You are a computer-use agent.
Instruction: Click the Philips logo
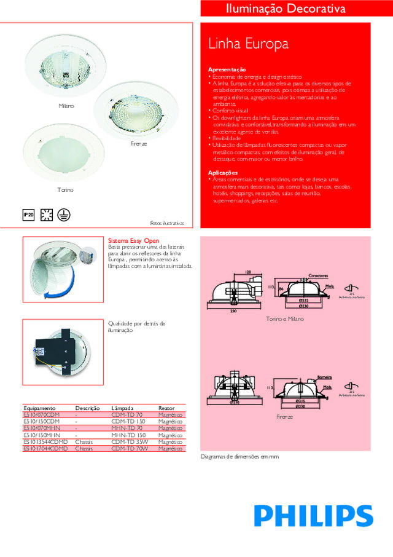pyautogui.click(x=314, y=515)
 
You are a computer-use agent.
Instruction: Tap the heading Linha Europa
pyautogui.click(x=248, y=45)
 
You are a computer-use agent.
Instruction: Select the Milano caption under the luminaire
pyautogui.click(x=66, y=106)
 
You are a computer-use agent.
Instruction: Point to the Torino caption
pyautogui.click(x=66, y=190)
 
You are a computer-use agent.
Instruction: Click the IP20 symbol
pyautogui.click(x=28, y=215)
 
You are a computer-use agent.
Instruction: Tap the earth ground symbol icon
pyautogui.click(x=63, y=215)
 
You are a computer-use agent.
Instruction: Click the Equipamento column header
pyautogui.click(x=40, y=408)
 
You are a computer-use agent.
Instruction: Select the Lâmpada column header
pyautogui.click(x=122, y=408)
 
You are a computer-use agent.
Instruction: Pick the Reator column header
pyautogui.click(x=166, y=408)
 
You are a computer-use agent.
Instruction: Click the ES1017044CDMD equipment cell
pyautogui.click(x=45, y=449)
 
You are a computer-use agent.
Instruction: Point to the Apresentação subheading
pyautogui.click(x=227, y=69)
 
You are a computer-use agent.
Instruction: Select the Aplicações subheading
pyautogui.click(x=224, y=173)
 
